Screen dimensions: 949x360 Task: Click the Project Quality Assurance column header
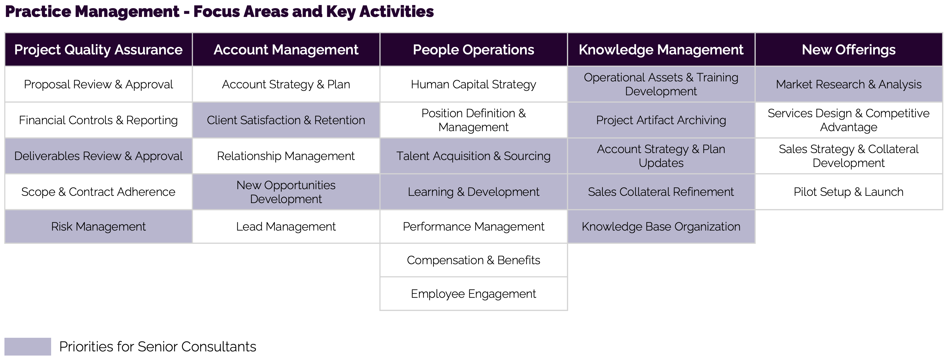pyautogui.click(x=98, y=50)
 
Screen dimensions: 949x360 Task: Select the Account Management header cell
pyautogui.click(x=286, y=50)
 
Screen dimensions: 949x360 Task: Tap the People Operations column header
pyautogui.click(x=473, y=50)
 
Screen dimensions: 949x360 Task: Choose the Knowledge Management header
pyautogui.click(x=661, y=50)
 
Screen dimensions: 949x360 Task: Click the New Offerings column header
pyautogui.click(x=848, y=50)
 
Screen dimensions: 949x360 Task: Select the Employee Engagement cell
pyautogui.click(x=473, y=294)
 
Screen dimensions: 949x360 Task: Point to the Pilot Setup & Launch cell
pyautogui.click(x=848, y=192)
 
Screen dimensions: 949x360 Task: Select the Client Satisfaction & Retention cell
pyautogui.click(x=286, y=120)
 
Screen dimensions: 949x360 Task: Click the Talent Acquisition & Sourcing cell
pyautogui.click(x=473, y=156)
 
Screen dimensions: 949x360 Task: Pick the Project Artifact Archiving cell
pyautogui.click(x=661, y=120)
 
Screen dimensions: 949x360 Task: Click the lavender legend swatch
pyautogui.click(x=28, y=346)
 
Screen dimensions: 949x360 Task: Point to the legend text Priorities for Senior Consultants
pyautogui.click(x=158, y=347)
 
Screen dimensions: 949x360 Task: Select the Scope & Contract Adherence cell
pyautogui.click(x=98, y=192)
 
